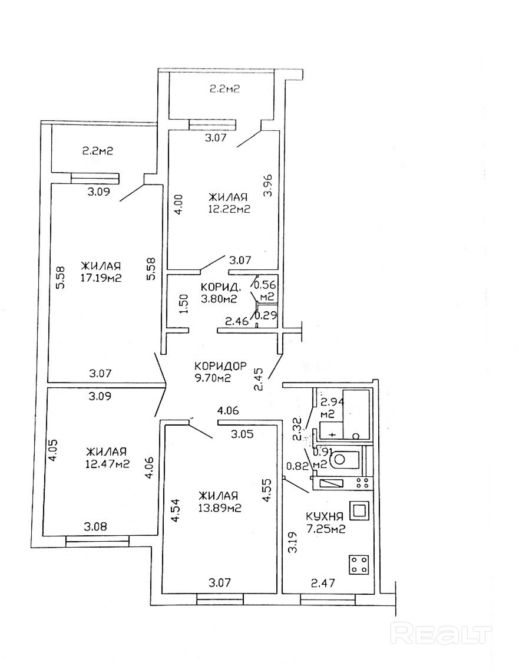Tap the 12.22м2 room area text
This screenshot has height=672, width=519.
point(229,208)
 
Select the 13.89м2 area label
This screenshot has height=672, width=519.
point(218,507)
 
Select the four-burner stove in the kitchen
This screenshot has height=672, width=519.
point(359,564)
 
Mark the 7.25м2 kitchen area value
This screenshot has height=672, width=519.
point(325,529)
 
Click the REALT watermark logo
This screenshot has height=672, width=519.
point(442,634)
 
